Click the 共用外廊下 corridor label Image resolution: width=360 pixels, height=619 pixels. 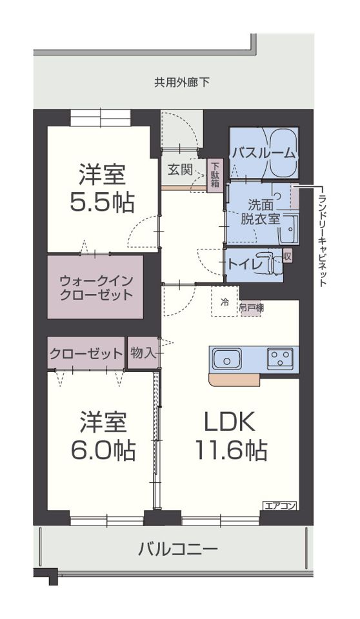coord(181,83)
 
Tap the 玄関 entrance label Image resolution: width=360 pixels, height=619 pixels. coord(180,170)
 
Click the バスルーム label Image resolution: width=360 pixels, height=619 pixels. coord(263,153)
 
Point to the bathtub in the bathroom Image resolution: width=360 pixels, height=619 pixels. coord(283,153)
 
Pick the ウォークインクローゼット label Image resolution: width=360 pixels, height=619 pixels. coord(95,288)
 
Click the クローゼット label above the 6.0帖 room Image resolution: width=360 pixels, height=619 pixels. coord(86,353)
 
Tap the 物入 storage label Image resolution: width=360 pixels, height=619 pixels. coord(143,353)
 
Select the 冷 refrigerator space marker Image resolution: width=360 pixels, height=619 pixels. coord(225,301)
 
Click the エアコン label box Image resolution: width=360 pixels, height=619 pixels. coord(280,506)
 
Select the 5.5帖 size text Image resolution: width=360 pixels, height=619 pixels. coord(103,202)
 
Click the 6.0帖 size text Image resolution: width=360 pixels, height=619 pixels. coord(103,449)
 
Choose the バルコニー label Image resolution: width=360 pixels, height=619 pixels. coord(177,549)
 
